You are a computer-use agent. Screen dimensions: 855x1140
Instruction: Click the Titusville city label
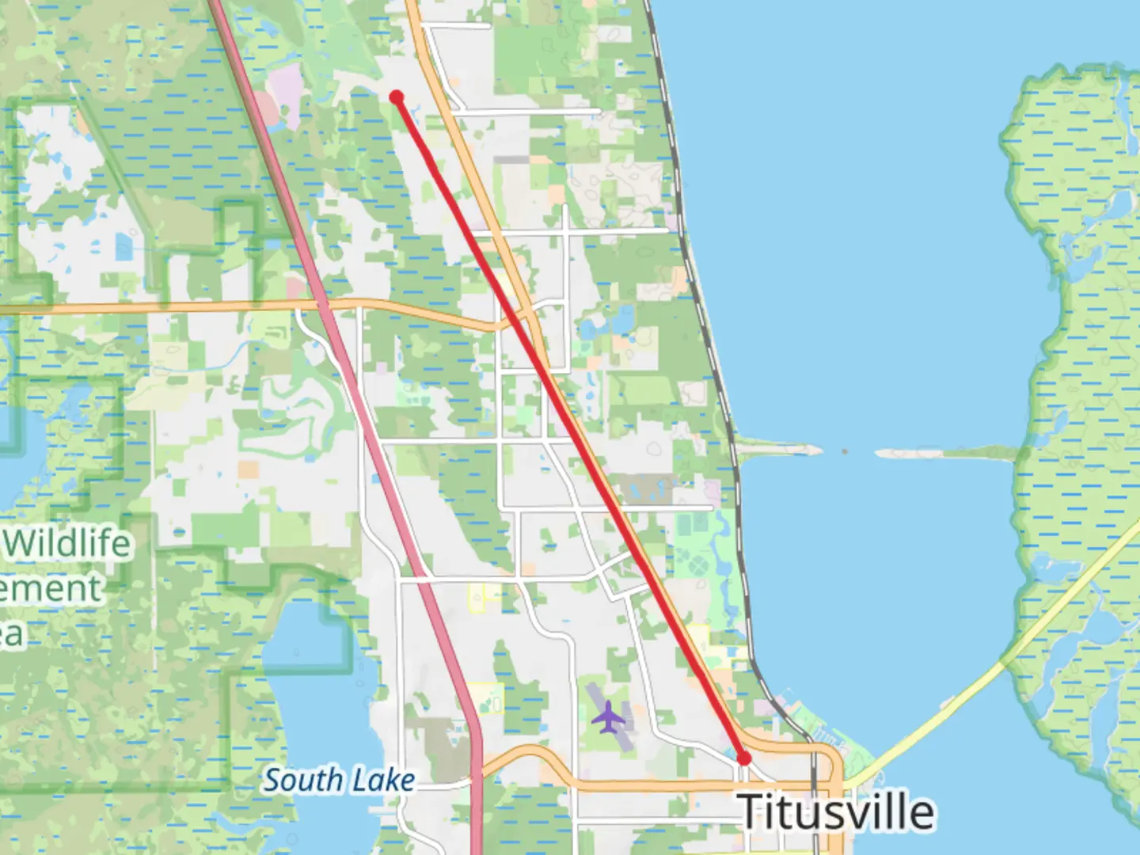[x=836, y=811]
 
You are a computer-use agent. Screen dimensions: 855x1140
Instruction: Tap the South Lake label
[x=339, y=781]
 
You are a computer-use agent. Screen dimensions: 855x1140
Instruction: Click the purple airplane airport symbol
[x=608, y=716]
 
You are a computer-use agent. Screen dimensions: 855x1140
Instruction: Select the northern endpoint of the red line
[x=397, y=97]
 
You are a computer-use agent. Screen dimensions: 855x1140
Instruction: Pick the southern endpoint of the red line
[x=743, y=758]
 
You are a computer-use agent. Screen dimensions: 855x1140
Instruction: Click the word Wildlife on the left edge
[x=70, y=544]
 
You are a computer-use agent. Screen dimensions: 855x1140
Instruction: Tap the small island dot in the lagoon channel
[x=845, y=451]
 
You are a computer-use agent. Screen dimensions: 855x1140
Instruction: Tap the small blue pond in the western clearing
[x=123, y=247]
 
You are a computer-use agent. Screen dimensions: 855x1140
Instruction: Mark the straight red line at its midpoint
[x=570, y=427]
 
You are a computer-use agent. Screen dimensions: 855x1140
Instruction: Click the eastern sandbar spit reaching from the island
[x=942, y=454]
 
